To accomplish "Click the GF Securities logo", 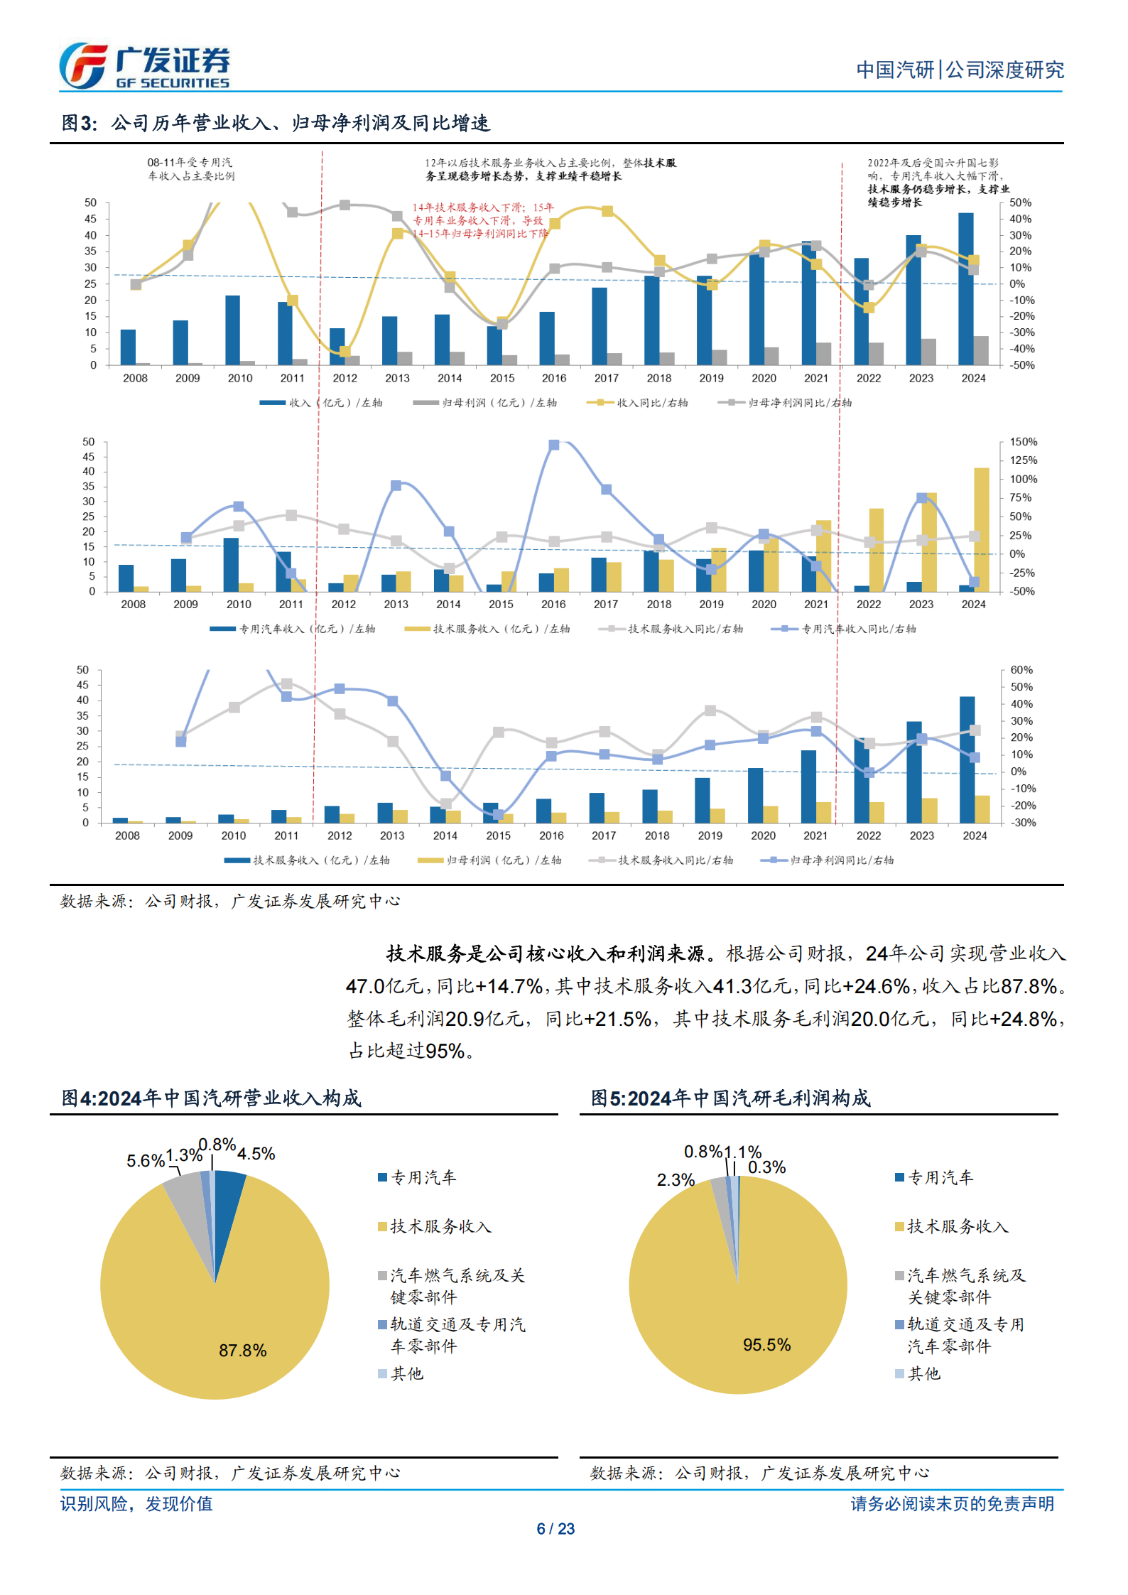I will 144,66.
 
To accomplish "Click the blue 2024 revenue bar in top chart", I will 965,288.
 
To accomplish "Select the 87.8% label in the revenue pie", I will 242,1350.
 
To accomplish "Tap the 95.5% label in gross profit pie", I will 766,1344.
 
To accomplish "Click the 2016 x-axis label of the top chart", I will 554,378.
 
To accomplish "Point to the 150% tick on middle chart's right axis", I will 1023,442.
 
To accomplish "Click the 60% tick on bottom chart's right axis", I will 1021,670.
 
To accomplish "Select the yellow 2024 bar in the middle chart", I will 981,529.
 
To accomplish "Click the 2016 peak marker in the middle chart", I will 554,445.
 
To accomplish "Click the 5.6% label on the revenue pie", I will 145,1161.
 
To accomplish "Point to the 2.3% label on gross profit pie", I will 675,1180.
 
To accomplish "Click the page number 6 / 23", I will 555,1528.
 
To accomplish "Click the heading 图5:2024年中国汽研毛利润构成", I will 730,1098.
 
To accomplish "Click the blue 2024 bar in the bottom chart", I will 967,759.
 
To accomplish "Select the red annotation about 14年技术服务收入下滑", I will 482,220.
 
